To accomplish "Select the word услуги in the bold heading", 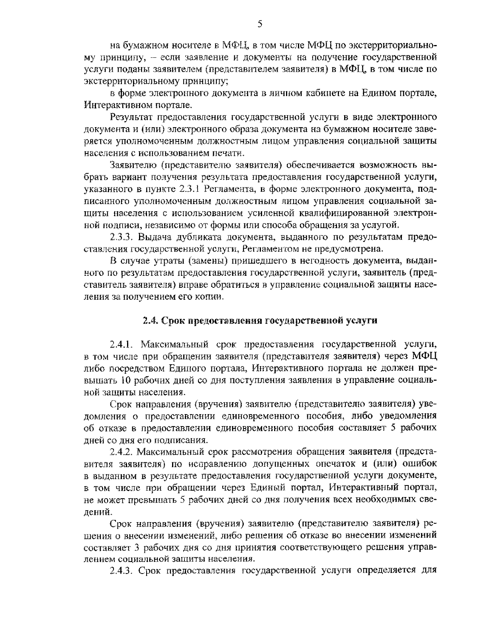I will (363, 321).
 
